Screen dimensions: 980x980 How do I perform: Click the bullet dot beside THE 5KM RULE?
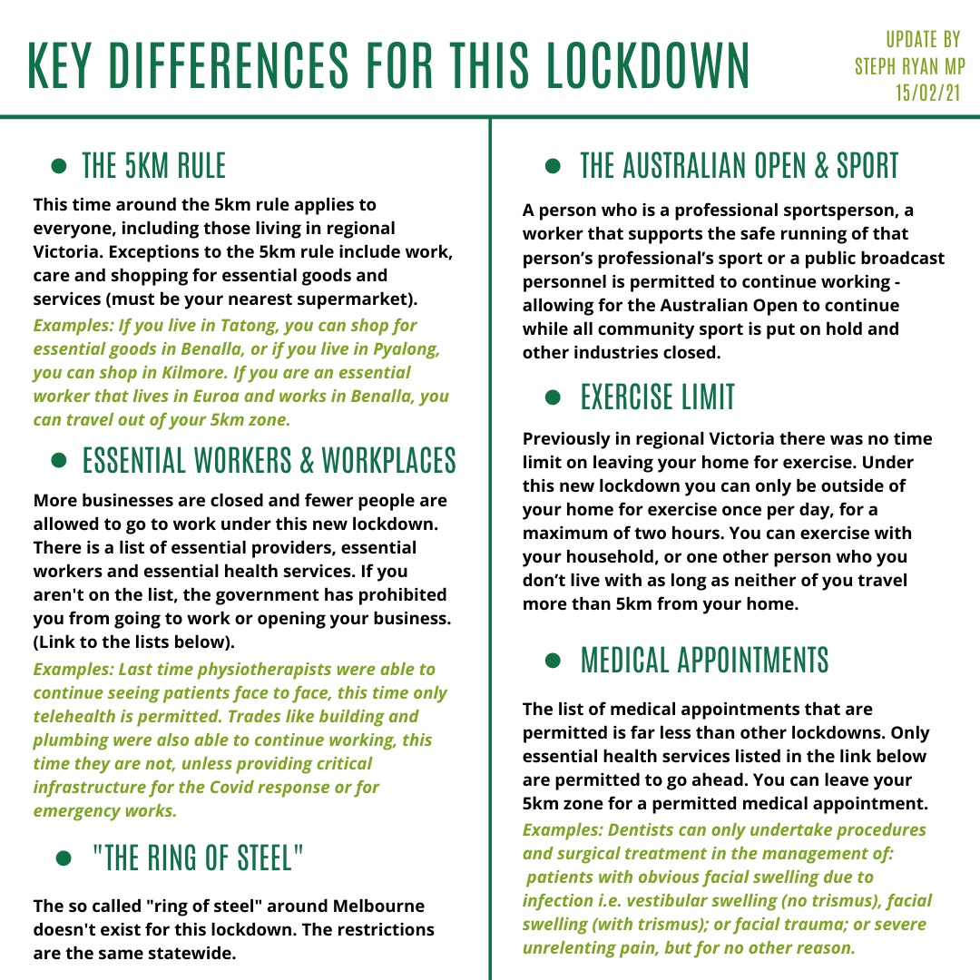pyautogui.click(x=59, y=166)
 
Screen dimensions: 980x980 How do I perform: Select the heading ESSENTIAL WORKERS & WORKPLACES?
pyautogui.click(x=269, y=461)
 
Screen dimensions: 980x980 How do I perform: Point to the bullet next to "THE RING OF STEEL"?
pyautogui.click(x=64, y=858)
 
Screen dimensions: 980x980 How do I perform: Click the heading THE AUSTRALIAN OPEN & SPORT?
pyautogui.click(x=739, y=166)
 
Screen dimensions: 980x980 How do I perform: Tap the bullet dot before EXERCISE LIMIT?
pyautogui.click(x=554, y=397)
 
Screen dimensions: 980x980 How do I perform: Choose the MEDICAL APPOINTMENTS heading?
pyautogui.click(x=704, y=660)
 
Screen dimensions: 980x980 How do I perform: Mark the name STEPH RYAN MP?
pyautogui.click(x=910, y=66)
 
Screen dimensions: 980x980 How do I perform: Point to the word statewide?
pyautogui.click(x=189, y=953)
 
